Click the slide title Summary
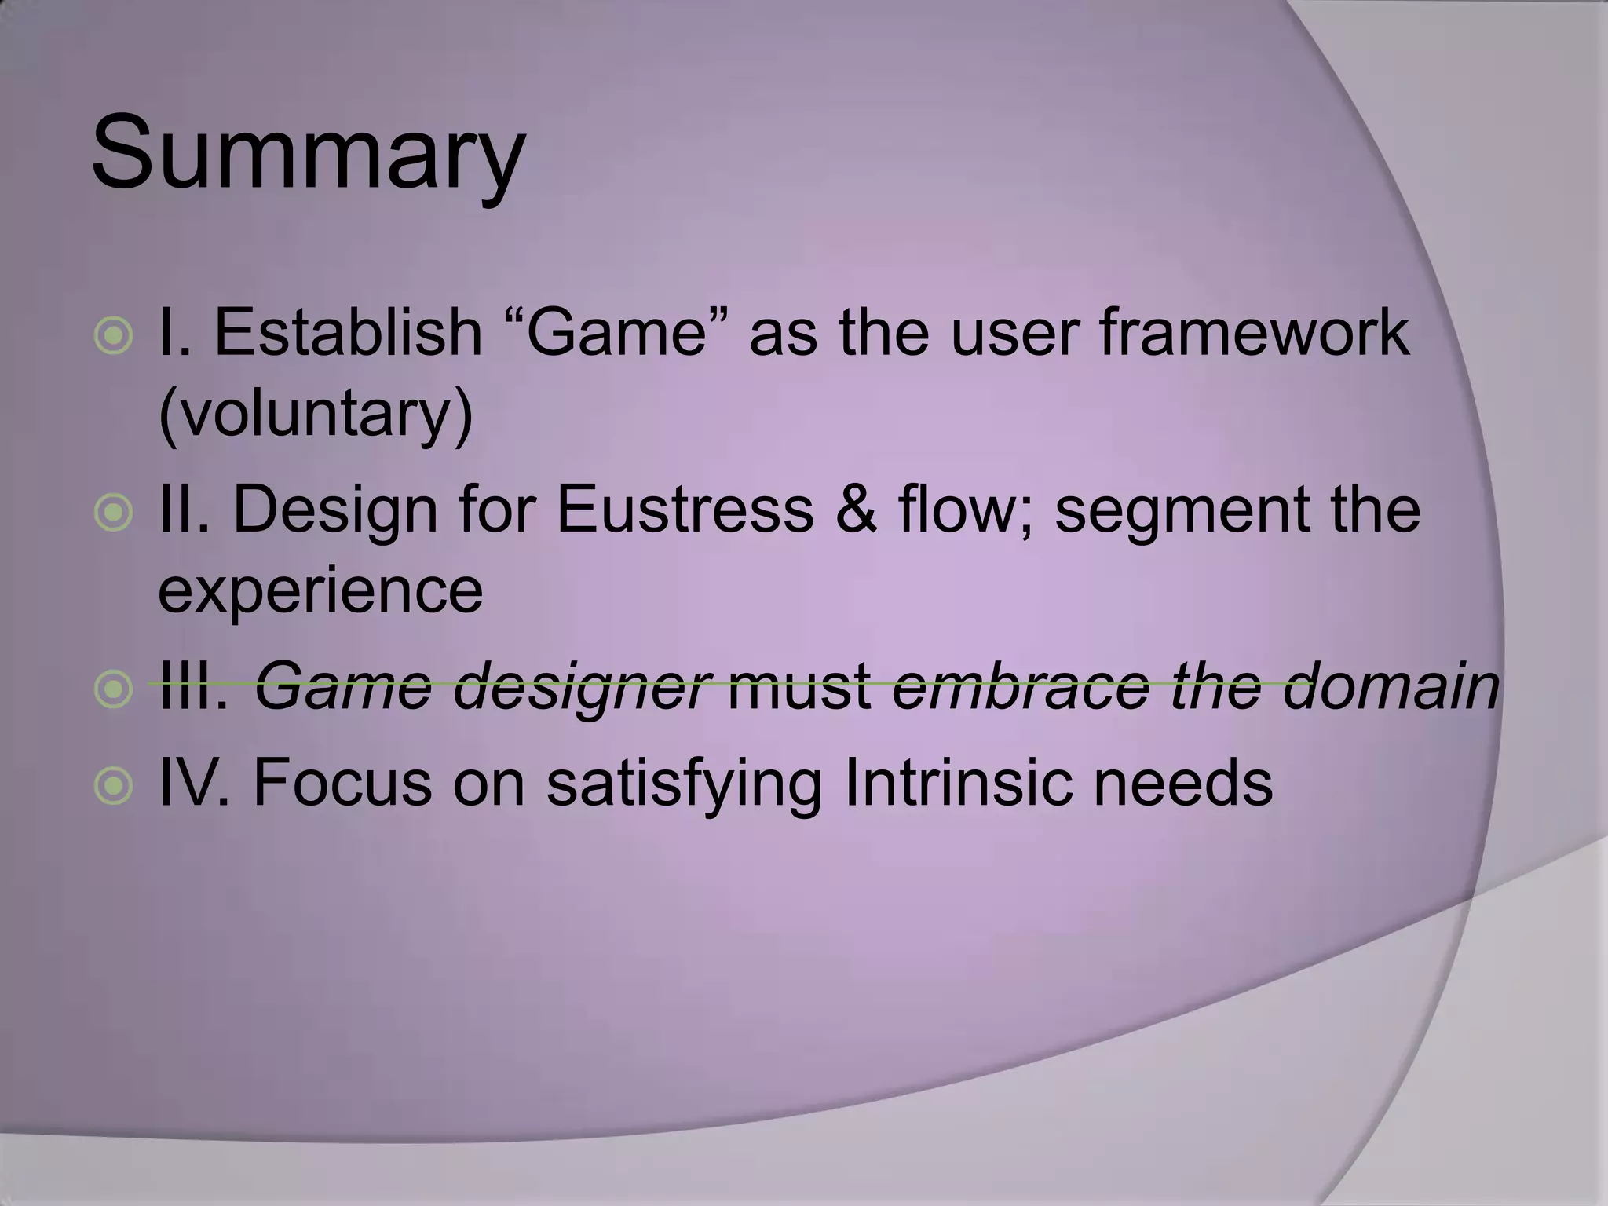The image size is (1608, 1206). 308,153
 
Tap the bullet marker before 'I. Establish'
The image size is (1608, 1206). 115,337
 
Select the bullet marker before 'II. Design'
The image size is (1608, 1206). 115,513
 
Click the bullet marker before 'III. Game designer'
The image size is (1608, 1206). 115,689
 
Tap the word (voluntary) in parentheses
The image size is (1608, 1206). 316,415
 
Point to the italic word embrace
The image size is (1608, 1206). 1021,685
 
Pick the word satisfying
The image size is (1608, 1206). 683,785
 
